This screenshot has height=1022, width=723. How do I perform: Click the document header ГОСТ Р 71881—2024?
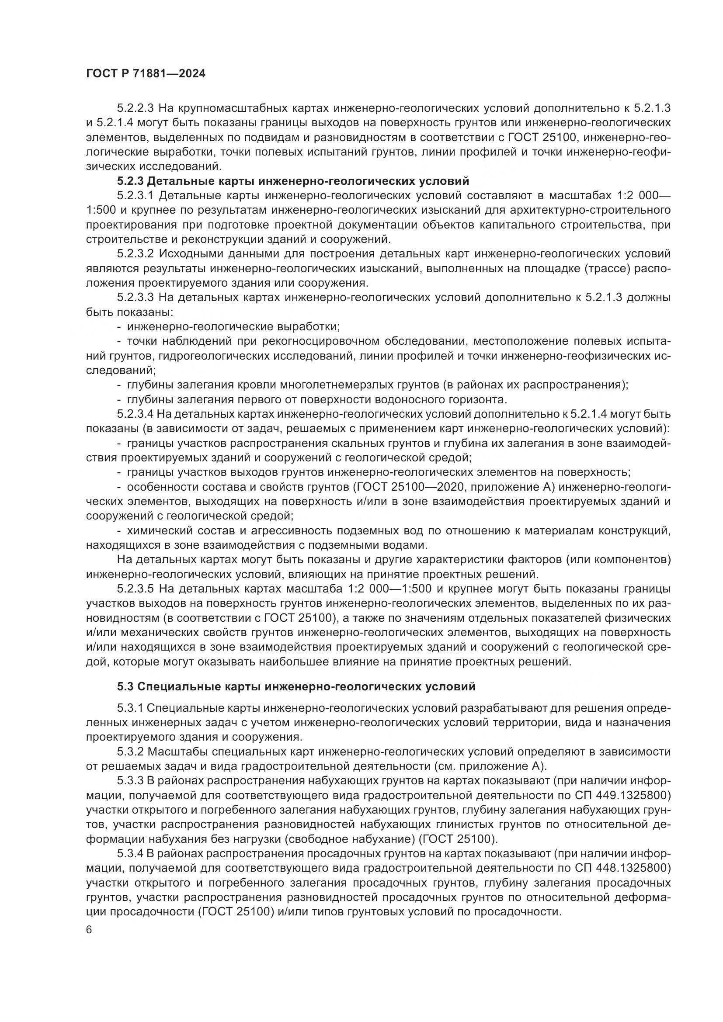tap(146, 74)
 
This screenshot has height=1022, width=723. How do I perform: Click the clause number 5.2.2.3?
tap(136, 108)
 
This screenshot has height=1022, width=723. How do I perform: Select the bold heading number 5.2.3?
tap(130, 181)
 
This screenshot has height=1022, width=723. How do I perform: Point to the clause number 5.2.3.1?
tap(136, 196)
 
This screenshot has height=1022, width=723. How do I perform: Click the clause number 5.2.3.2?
tap(136, 254)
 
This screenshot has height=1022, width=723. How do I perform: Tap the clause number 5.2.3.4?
tap(136, 414)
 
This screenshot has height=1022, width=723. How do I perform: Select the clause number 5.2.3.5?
tap(136, 589)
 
